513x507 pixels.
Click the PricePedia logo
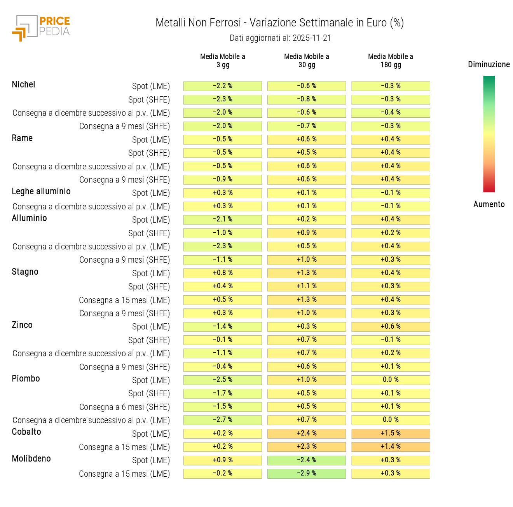(41, 28)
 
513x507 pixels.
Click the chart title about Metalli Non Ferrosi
(279, 23)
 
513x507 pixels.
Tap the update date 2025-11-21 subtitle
(280, 38)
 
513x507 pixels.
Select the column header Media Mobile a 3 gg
(223, 61)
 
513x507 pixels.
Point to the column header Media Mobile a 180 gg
(391, 61)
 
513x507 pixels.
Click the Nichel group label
(23, 84)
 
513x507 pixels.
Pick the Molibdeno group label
(31, 458)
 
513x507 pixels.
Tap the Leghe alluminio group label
(41, 191)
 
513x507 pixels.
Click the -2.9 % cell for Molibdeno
(307, 473)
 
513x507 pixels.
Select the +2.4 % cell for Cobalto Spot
(307, 433)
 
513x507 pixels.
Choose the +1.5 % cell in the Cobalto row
(391, 433)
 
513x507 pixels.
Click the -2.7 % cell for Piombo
(223, 420)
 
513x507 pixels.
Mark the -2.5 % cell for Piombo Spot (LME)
(223, 380)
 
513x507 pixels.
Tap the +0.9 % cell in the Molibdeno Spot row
(223, 460)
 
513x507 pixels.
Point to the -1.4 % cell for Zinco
(223, 326)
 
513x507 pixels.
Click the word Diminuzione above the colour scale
(489, 64)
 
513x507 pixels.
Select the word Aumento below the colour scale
(489, 204)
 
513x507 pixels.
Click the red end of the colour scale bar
(489, 189)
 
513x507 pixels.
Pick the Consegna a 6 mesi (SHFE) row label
(124, 407)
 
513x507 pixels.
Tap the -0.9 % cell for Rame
(223, 179)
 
